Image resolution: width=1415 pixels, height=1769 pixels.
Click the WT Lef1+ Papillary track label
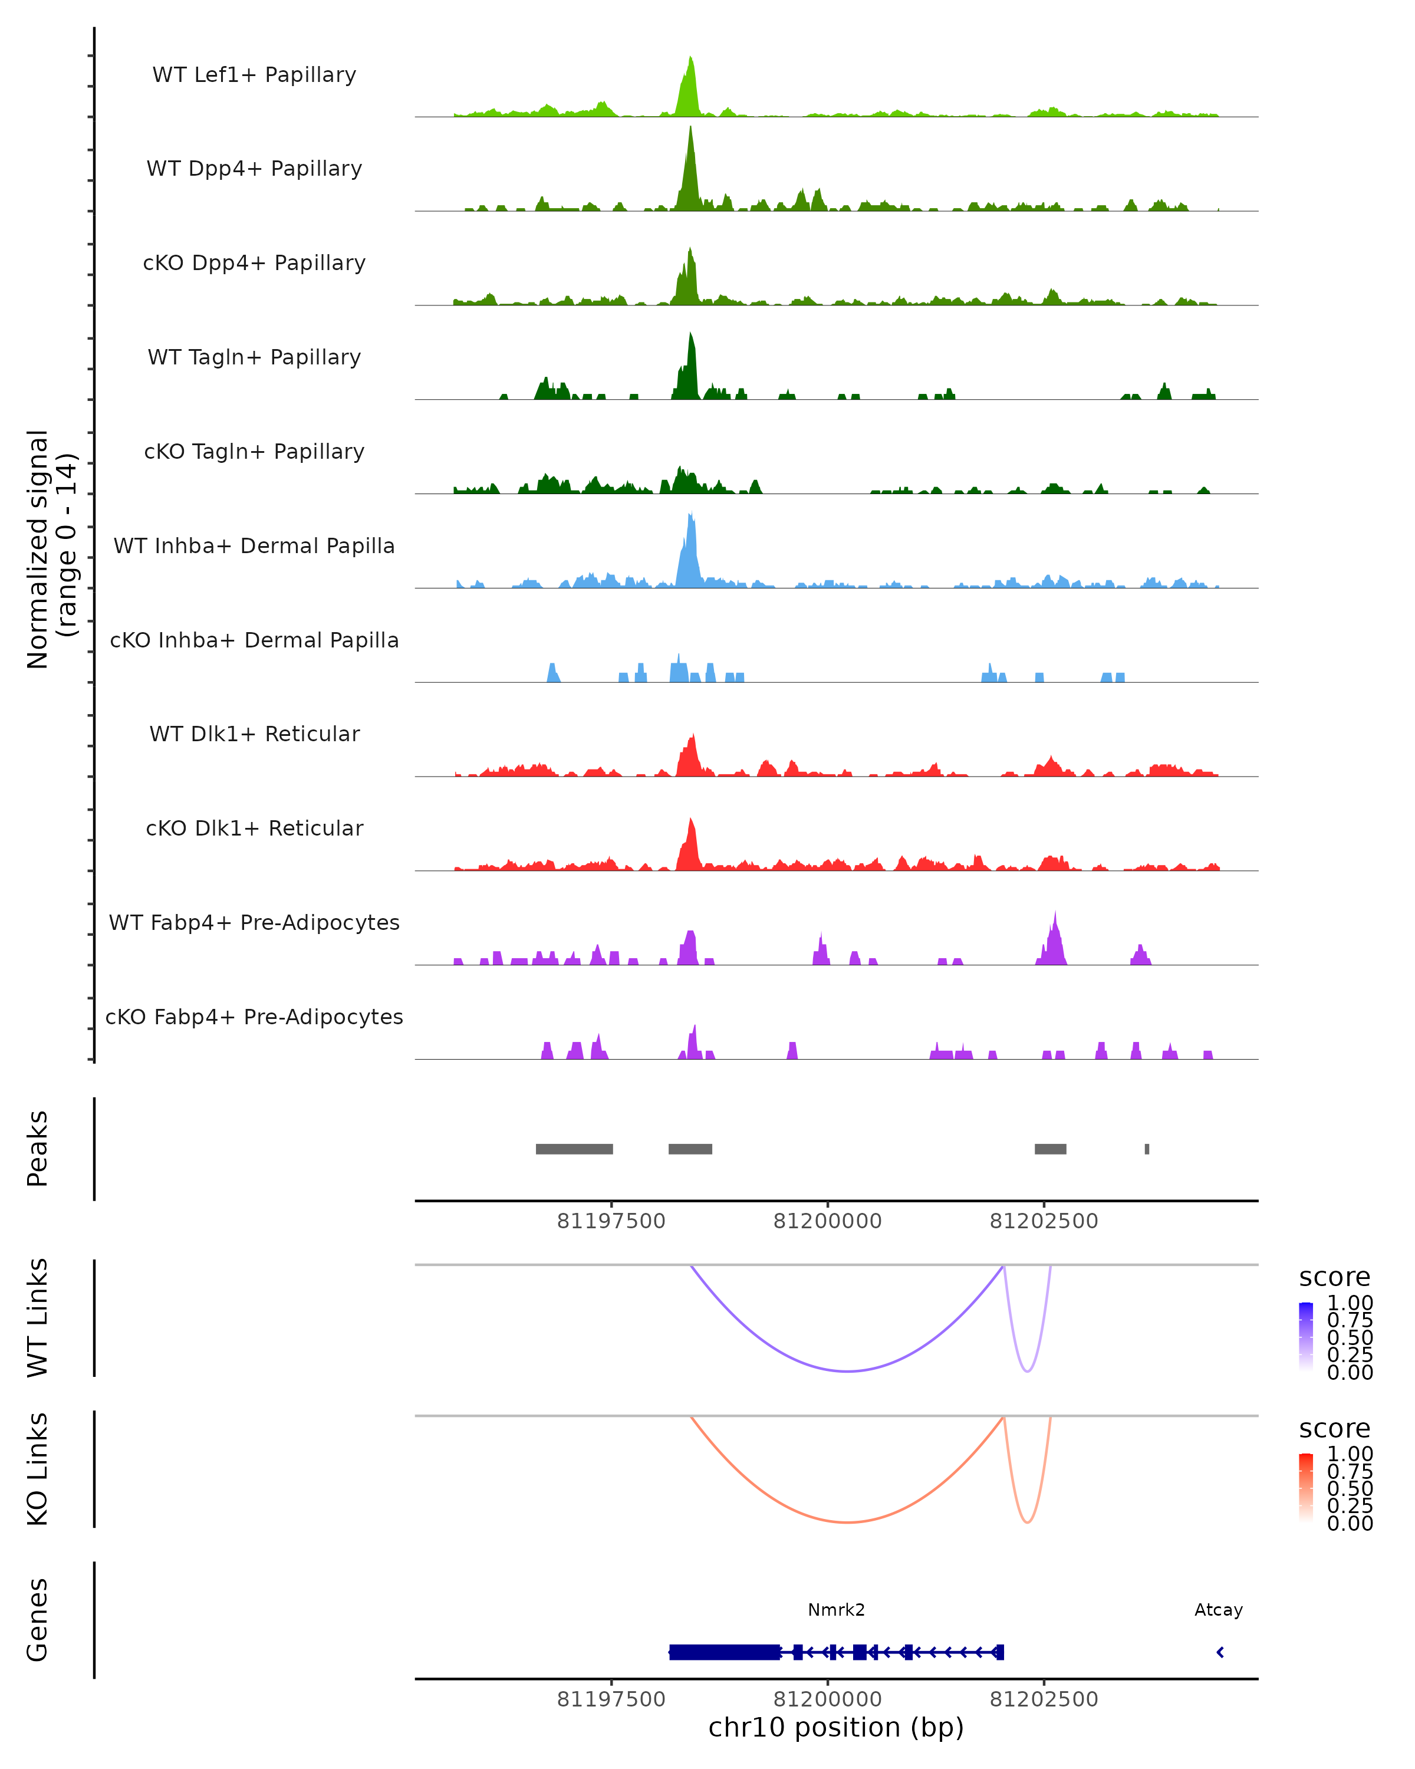(x=254, y=75)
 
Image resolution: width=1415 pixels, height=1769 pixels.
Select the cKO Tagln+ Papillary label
(x=254, y=451)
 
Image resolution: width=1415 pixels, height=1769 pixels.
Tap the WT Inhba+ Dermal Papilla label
(x=254, y=545)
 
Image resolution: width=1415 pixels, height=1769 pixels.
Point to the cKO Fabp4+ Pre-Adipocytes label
(x=254, y=1017)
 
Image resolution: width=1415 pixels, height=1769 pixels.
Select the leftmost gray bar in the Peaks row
(x=574, y=1149)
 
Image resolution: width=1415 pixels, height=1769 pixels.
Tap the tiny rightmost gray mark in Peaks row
(x=1147, y=1149)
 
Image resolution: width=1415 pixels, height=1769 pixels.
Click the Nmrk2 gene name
(x=836, y=1610)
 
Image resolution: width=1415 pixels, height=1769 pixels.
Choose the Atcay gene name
(x=1218, y=1610)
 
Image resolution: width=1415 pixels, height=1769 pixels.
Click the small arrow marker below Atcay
(x=1220, y=1652)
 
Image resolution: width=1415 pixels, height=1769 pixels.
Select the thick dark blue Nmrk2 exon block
(x=725, y=1652)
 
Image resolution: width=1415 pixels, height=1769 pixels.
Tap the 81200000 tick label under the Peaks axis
(x=828, y=1222)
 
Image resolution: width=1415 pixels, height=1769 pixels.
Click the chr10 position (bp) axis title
(x=836, y=1728)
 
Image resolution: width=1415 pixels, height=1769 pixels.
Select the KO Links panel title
(x=38, y=1469)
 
